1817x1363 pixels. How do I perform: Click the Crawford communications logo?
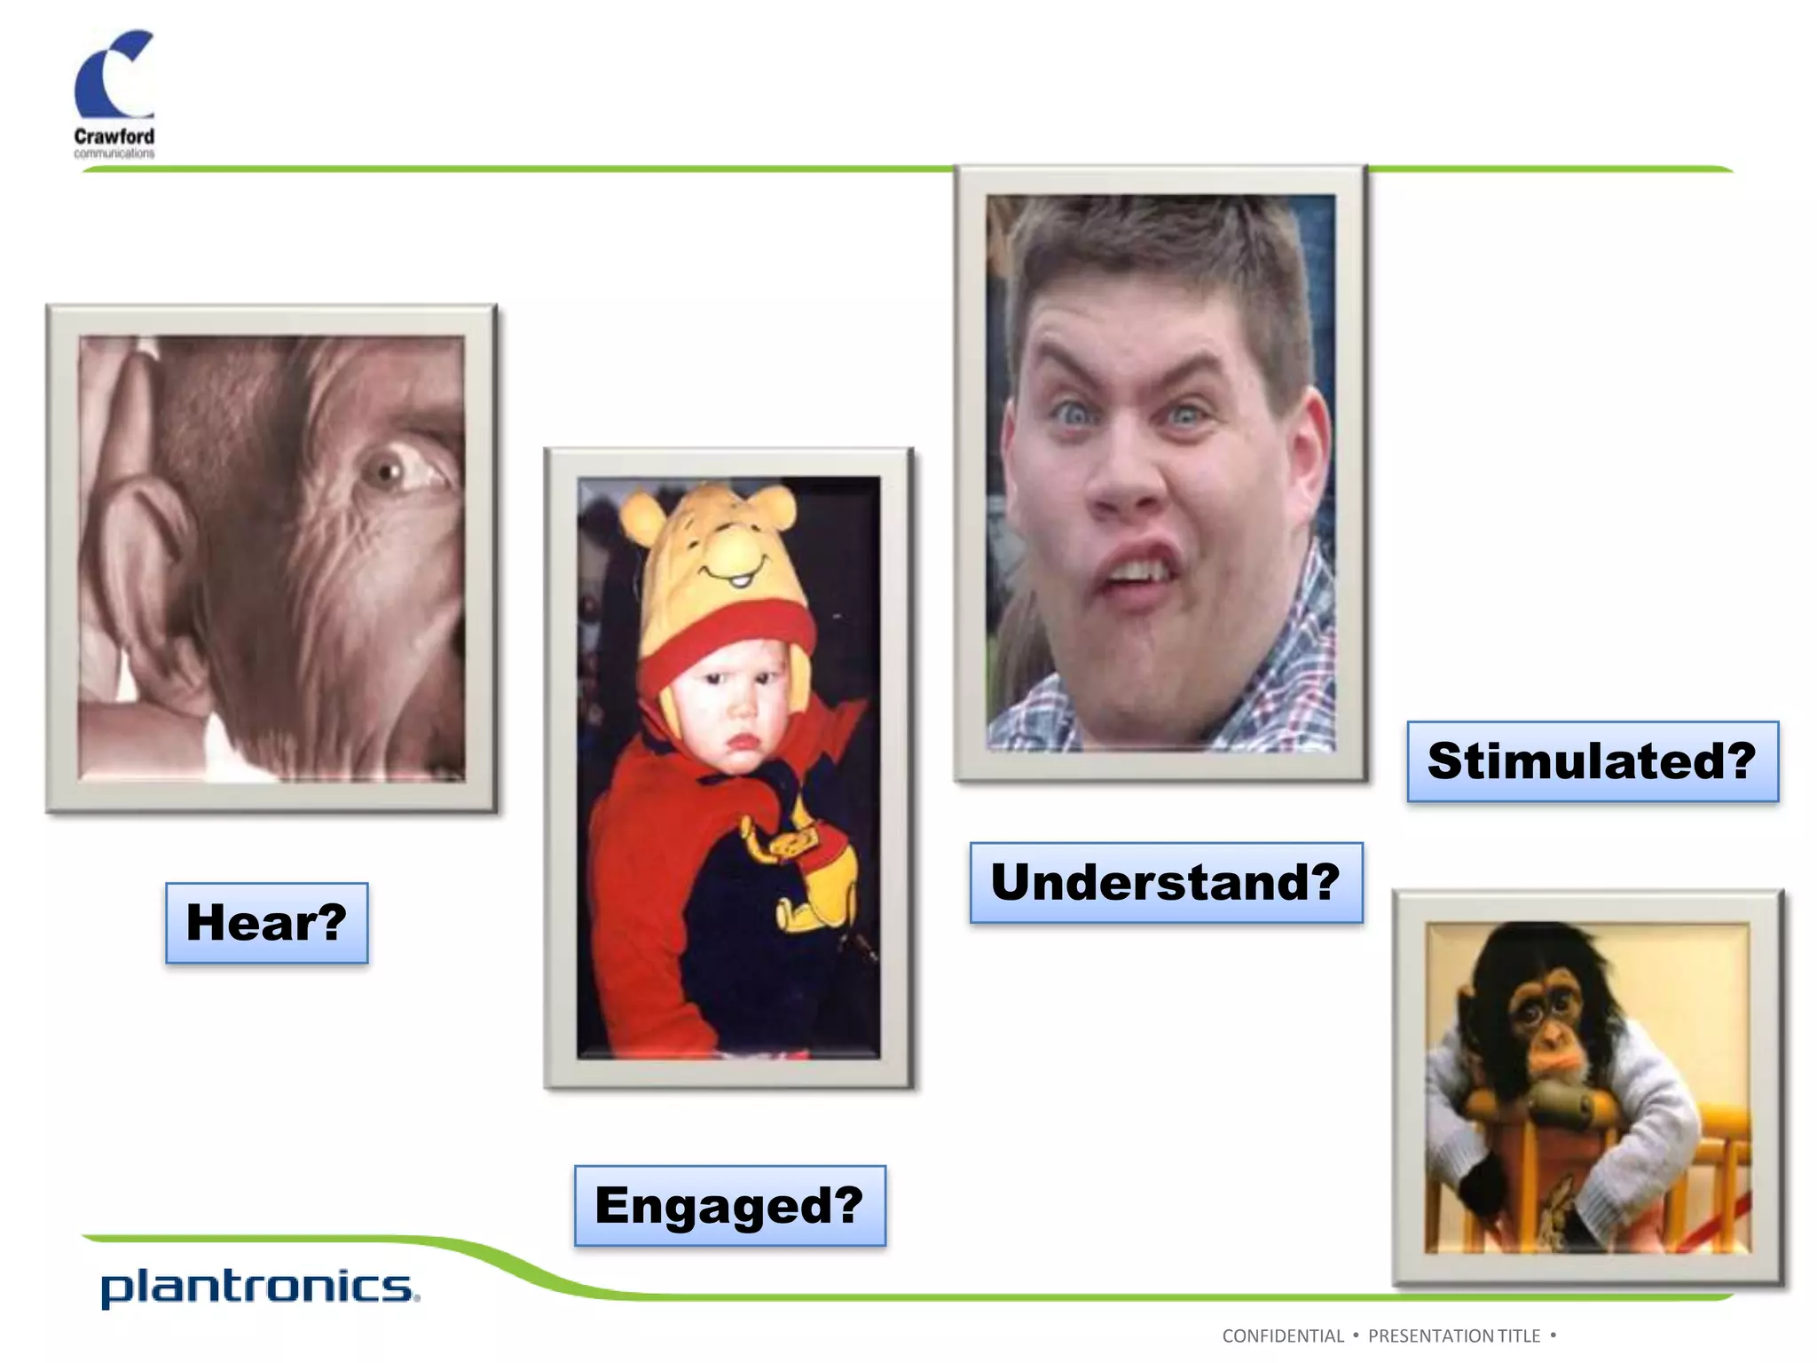pos(114,94)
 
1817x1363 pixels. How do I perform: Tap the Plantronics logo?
pos(259,1288)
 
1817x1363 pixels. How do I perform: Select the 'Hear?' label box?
pos(266,923)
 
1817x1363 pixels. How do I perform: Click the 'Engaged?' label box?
pos(729,1206)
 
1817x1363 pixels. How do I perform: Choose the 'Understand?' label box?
pos(1166,883)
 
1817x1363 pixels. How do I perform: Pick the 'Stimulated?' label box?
pos(1593,761)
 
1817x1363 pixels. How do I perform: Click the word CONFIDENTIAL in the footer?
pos(1283,1335)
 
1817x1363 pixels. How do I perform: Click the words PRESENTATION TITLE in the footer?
pos(1454,1335)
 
